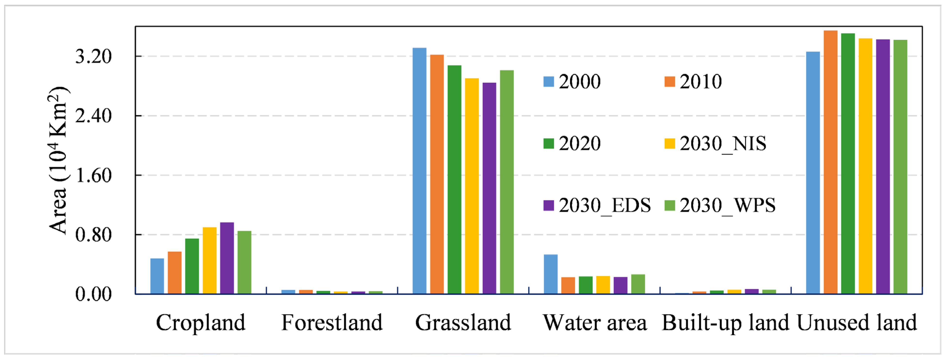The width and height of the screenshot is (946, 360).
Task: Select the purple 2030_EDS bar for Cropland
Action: (x=227, y=258)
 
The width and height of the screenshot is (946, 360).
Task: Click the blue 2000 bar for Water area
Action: (x=550, y=274)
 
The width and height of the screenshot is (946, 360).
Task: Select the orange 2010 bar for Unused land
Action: (x=830, y=162)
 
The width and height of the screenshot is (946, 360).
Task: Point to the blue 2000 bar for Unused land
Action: (x=813, y=173)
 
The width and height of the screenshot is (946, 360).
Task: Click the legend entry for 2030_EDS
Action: (x=597, y=205)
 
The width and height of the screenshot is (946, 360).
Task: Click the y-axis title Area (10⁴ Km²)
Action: (x=58, y=160)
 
